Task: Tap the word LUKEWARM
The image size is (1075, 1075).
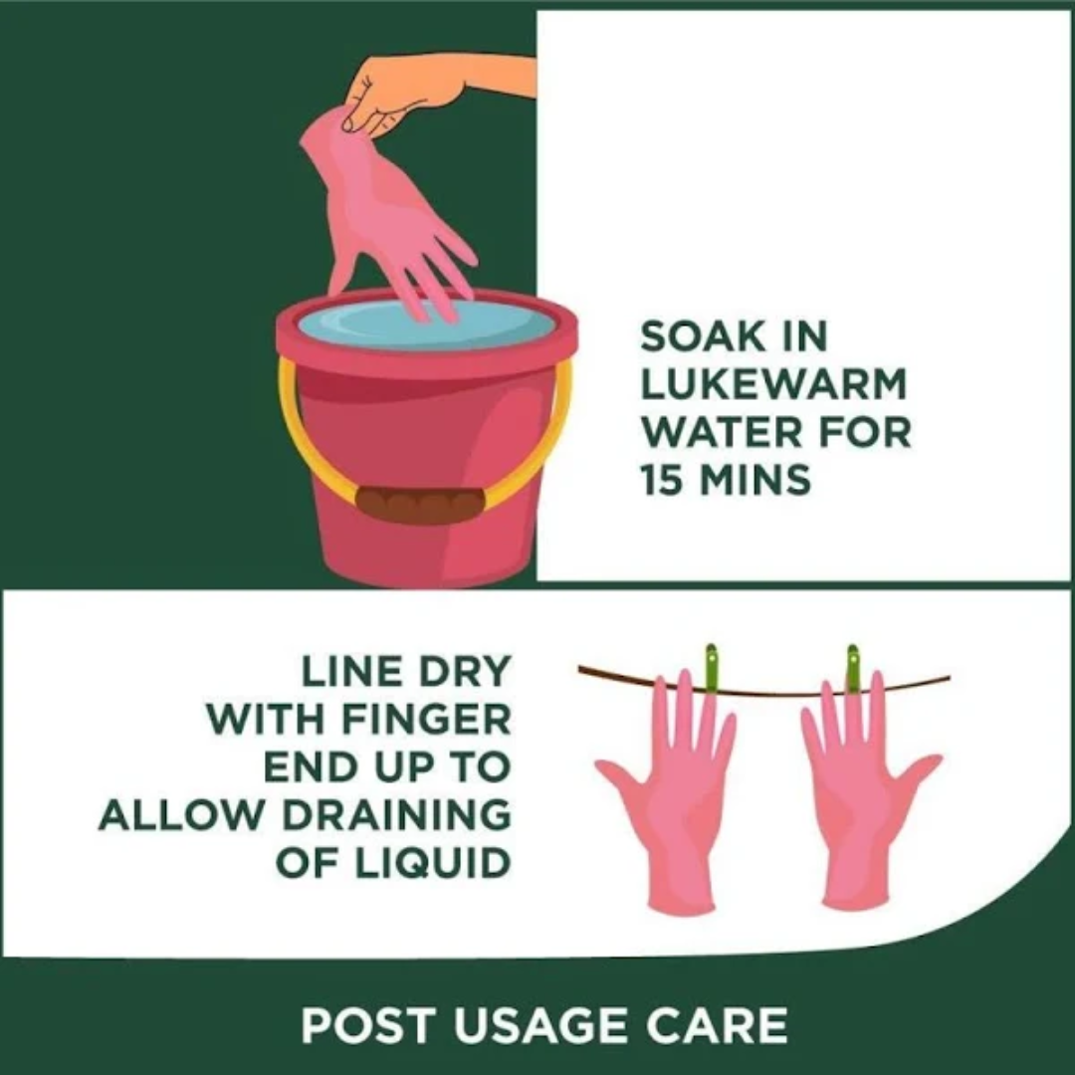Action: point(774,384)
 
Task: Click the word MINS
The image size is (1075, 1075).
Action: point(754,479)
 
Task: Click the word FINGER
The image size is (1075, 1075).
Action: point(426,720)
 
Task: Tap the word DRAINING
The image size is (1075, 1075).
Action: point(397,814)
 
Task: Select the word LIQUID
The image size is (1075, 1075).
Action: point(433,862)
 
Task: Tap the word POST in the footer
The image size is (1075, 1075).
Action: point(368,1025)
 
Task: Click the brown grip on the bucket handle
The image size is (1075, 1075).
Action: point(420,506)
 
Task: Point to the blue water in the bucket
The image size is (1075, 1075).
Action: point(426,324)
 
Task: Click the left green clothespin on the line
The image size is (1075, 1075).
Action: point(712,670)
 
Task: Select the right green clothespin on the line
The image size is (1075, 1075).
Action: point(852,670)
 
